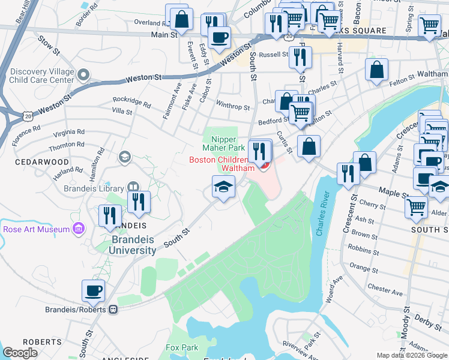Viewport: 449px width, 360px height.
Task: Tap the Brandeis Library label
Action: pyautogui.click(x=92, y=187)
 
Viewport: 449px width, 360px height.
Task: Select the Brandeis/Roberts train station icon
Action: pyautogui.click(x=112, y=310)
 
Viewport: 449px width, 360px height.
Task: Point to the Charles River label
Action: pyautogui.click(x=322, y=214)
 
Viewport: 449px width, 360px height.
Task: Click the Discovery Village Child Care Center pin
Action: pyautogui.click(x=83, y=75)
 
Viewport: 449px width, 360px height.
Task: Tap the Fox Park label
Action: pyautogui.click(x=182, y=347)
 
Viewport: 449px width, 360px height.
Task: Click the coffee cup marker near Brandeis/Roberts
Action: pyautogui.click(x=93, y=292)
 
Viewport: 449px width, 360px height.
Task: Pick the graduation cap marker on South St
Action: pyautogui.click(x=223, y=187)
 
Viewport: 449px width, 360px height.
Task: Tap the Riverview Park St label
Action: pyautogui.click(x=294, y=349)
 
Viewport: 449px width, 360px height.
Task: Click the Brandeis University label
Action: pyautogui.click(x=125, y=245)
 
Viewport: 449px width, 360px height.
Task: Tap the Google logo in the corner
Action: pyautogui.click(x=20, y=353)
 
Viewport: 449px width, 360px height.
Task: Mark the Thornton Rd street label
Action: pyautogui.click(x=67, y=146)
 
